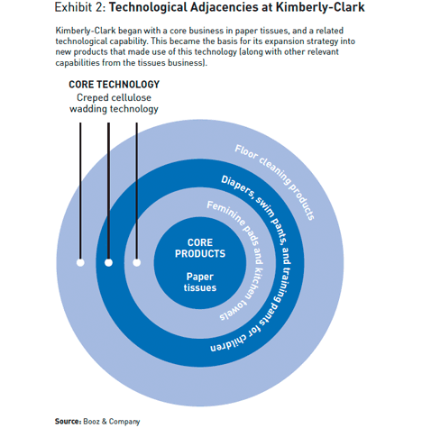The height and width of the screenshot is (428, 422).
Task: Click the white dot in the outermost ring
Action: (80, 262)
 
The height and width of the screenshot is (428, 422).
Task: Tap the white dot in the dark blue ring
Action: (108, 262)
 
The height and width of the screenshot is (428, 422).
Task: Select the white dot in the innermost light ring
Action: (137, 262)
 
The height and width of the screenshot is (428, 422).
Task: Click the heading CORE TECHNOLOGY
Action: (115, 85)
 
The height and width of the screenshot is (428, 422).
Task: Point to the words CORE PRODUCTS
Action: (200, 248)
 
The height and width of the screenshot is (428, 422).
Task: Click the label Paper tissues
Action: (200, 282)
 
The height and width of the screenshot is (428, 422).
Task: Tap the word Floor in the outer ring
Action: (246, 152)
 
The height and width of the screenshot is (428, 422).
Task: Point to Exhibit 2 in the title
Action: (79, 7)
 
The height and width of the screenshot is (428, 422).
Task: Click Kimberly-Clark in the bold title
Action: (320, 7)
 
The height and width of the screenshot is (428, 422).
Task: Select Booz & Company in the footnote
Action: (112, 422)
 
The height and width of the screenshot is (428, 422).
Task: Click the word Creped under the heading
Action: (92, 98)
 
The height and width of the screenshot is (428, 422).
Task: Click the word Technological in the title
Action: (148, 8)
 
